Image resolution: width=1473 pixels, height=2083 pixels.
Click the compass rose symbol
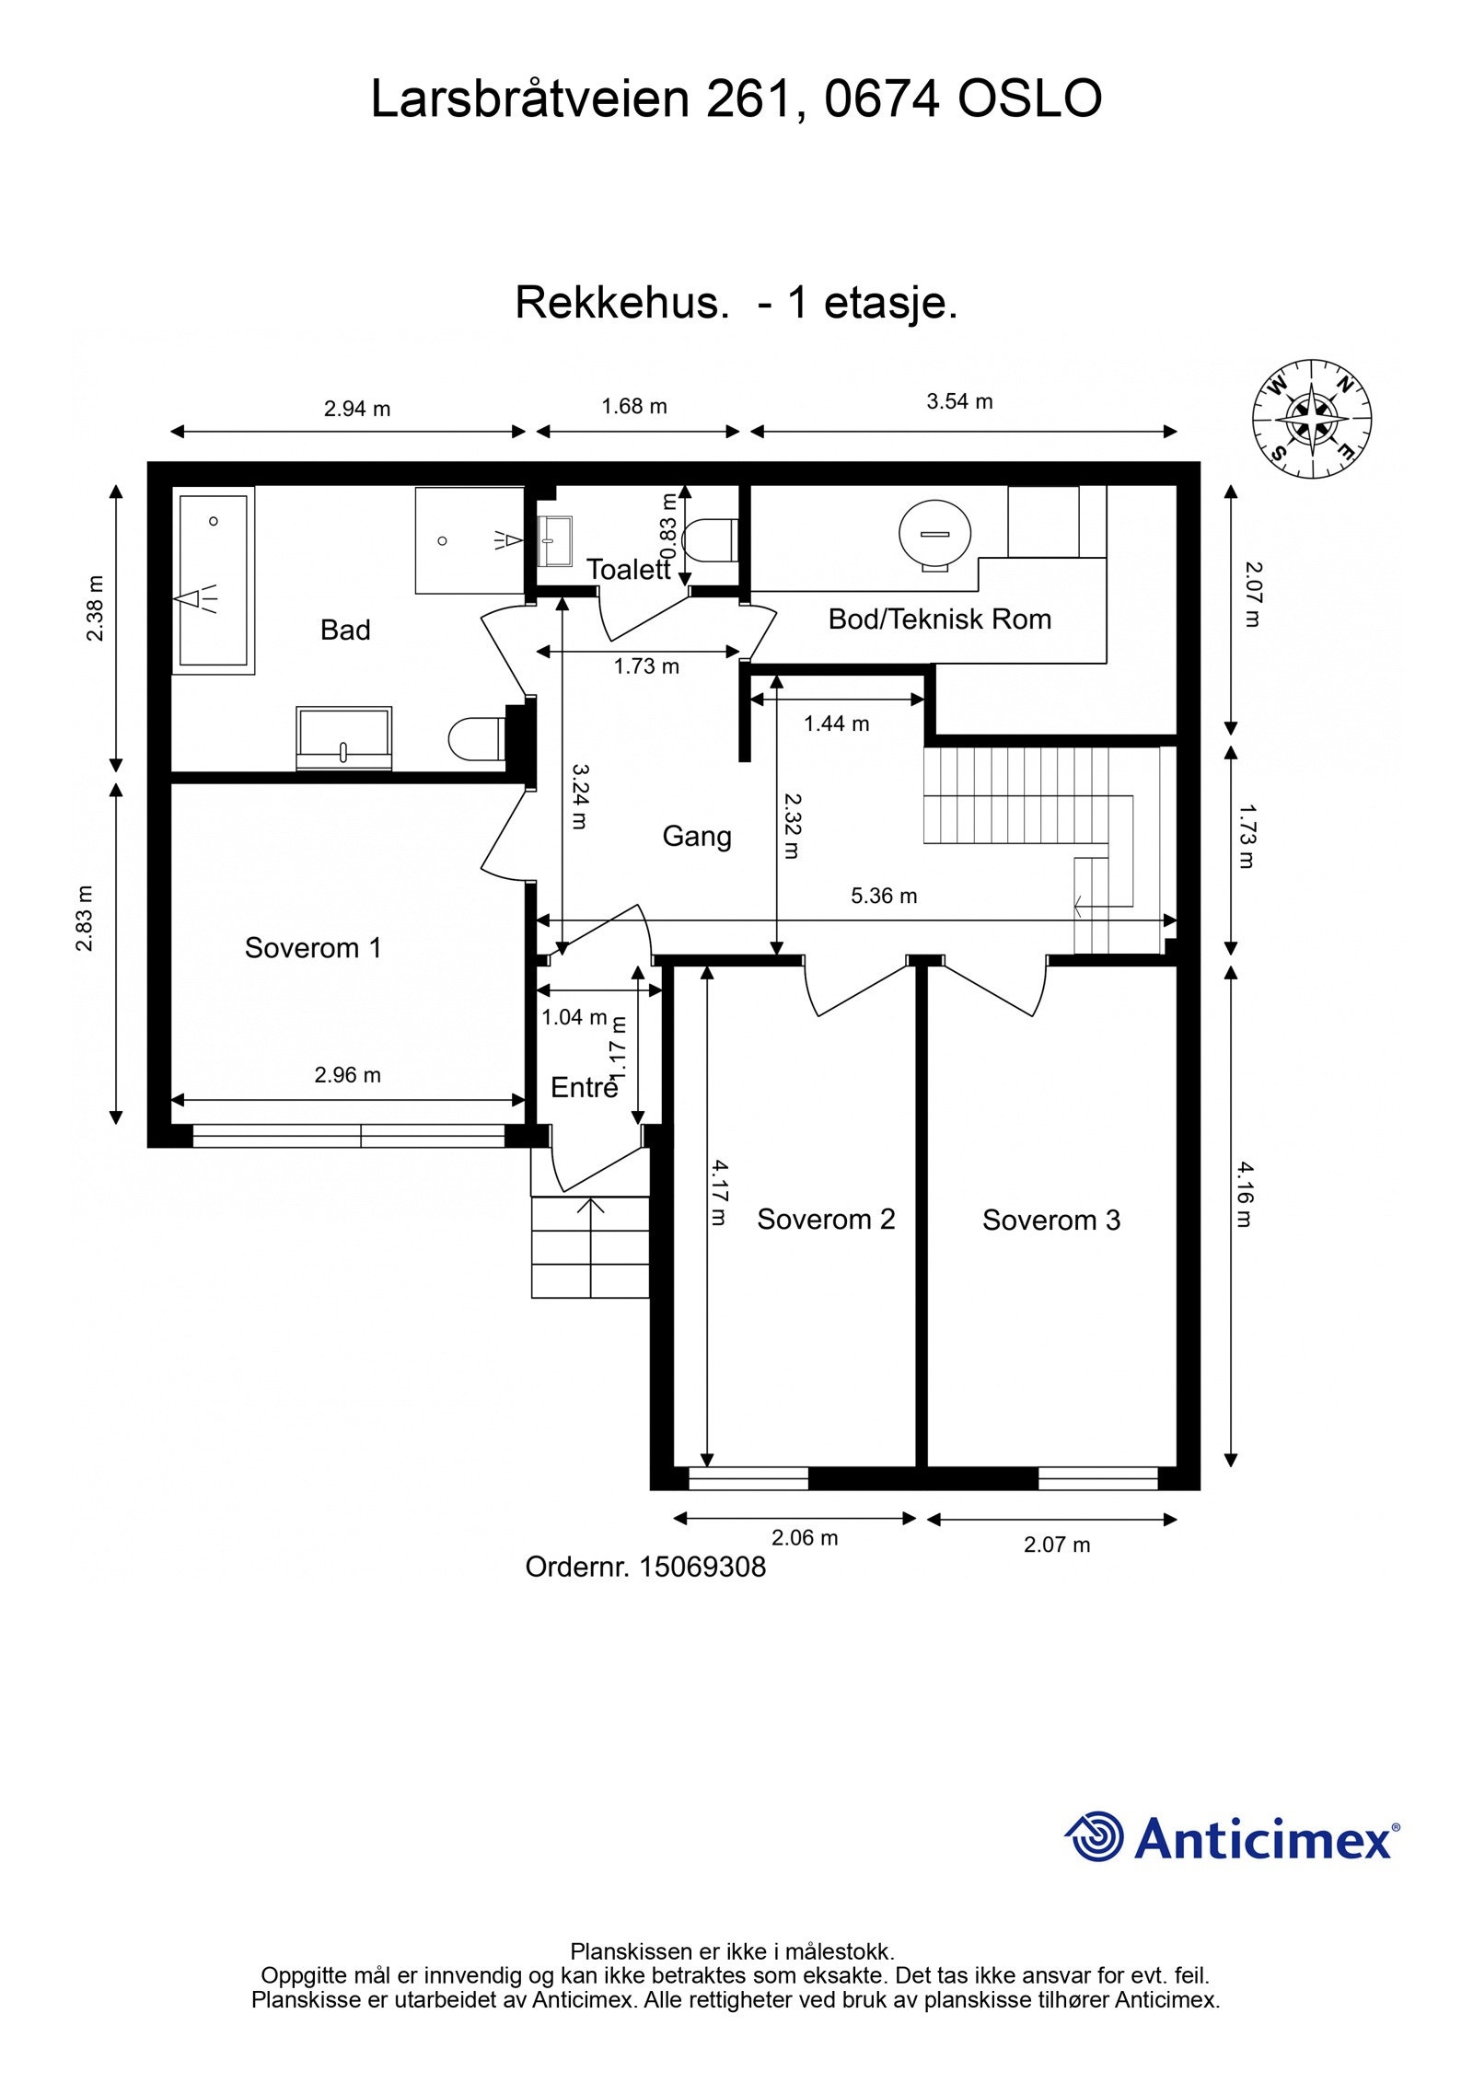click(1311, 419)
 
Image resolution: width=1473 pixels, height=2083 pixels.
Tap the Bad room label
click(345, 631)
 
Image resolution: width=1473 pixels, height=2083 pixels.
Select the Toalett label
click(629, 570)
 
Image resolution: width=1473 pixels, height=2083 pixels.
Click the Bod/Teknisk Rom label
click(940, 619)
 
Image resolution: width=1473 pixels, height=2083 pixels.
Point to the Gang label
click(697, 837)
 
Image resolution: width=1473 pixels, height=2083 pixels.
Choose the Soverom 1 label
click(313, 948)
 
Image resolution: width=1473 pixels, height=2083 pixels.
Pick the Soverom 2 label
click(826, 1220)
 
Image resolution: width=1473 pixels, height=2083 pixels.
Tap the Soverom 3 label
click(1051, 1221)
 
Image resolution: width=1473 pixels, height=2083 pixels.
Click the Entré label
click(584, 1088)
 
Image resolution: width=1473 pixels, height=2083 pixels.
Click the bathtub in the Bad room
click(213, 580)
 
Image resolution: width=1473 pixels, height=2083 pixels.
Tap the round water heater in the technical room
click(934, 535)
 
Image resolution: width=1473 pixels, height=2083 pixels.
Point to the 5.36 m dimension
click(884, 897)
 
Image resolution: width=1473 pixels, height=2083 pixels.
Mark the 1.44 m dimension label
click(836, 723)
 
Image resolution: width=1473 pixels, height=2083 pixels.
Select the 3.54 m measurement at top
click(959, 401)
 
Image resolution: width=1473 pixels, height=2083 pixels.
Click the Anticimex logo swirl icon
click(1094, 1836)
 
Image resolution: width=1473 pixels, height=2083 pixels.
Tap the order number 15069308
click(702, 1568)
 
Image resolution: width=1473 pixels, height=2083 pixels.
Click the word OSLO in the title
click(1029, 98)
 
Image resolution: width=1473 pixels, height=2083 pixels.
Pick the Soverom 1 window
click(349, 1136)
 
